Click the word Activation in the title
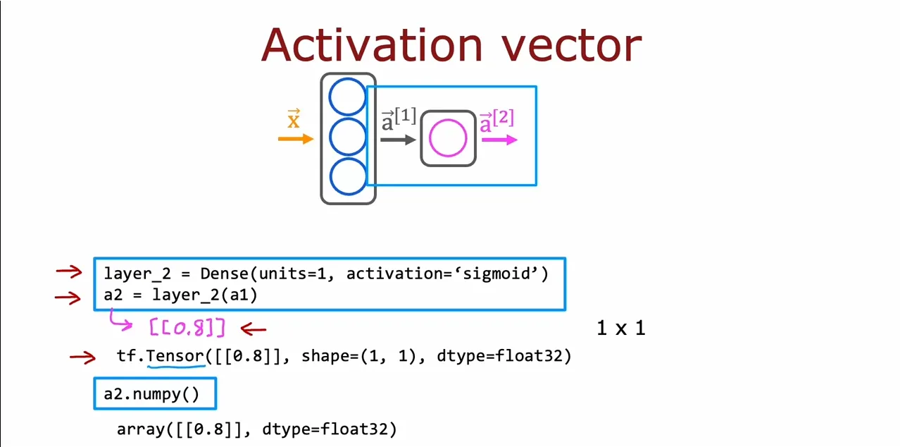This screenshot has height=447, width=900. click(x=372, y=45)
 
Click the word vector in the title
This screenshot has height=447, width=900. click(x=572, y=47)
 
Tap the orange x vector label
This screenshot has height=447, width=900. click(x=294, y=118)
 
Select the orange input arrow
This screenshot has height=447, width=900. click(x=296, y=139)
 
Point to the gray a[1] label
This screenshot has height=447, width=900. click(x=399, y=119)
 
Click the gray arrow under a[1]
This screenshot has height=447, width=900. click(x=398, y=140)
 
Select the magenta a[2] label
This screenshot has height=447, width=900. click(x=497, y=121)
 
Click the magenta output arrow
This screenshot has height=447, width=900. click(x=500, y=140)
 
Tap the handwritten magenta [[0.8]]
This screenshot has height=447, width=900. click(x=187, y=328)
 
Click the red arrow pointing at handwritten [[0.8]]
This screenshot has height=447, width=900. click(x=254, y=329)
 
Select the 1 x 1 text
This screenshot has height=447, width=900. click(x=621, y=328)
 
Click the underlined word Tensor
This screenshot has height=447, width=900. click(x=175, y=355)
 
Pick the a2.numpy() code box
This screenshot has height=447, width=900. click(x=155, y=393)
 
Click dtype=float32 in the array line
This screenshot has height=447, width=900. click(x=330, y=429)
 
